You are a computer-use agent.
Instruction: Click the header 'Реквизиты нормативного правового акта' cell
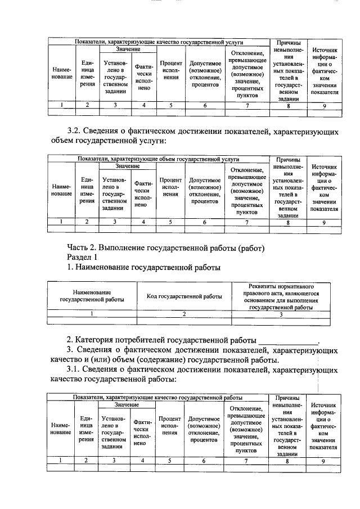coord(281,296)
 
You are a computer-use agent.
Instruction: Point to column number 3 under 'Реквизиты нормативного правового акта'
coord(281,314)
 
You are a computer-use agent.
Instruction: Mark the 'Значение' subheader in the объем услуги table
coord(128,166)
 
